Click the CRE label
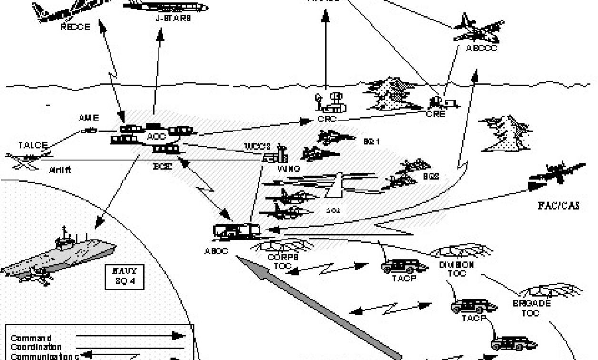pyautogui.click(x=435, y=114)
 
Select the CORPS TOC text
pyautogui.click(x=282, y=260)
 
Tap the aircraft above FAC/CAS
pyautogui.click(x=557, y=175)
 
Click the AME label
pyautogui.click(x=89, y=118)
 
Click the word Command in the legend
pyautogui.click(x=31, y=338)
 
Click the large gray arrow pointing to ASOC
pyautogui.click(x=319, y=305)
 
